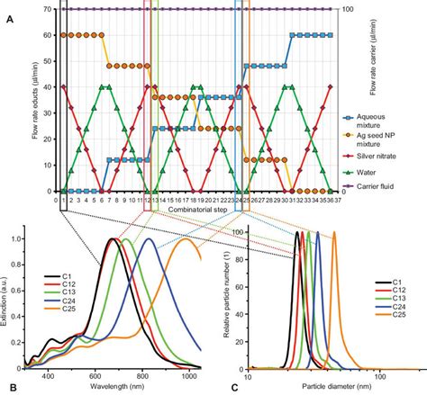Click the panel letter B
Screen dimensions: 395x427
click(9, 387)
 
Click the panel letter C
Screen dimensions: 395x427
click(234, 387)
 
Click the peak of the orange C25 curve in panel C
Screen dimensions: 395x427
click(334, 233)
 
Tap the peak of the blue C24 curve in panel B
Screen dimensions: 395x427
click(148, 239)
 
